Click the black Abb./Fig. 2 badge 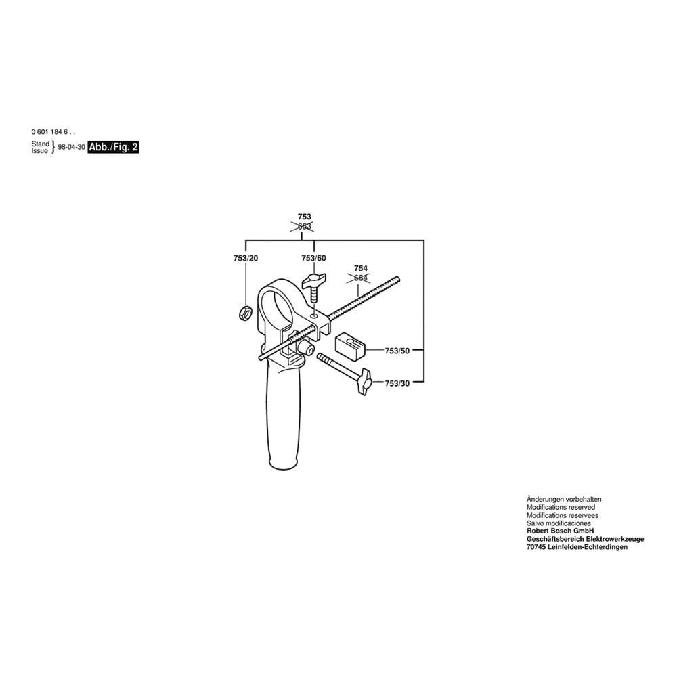113,147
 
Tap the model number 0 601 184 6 53,132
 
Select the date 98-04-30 71,147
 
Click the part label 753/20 246,258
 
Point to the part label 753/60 313,258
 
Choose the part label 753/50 397,351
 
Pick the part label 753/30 397,383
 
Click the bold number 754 361,269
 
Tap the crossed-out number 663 305,226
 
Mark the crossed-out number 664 361,278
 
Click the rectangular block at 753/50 350,345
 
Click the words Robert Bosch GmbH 560,531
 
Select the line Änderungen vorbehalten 564,499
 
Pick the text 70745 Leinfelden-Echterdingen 577,547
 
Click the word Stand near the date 41,144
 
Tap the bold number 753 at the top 305,217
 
